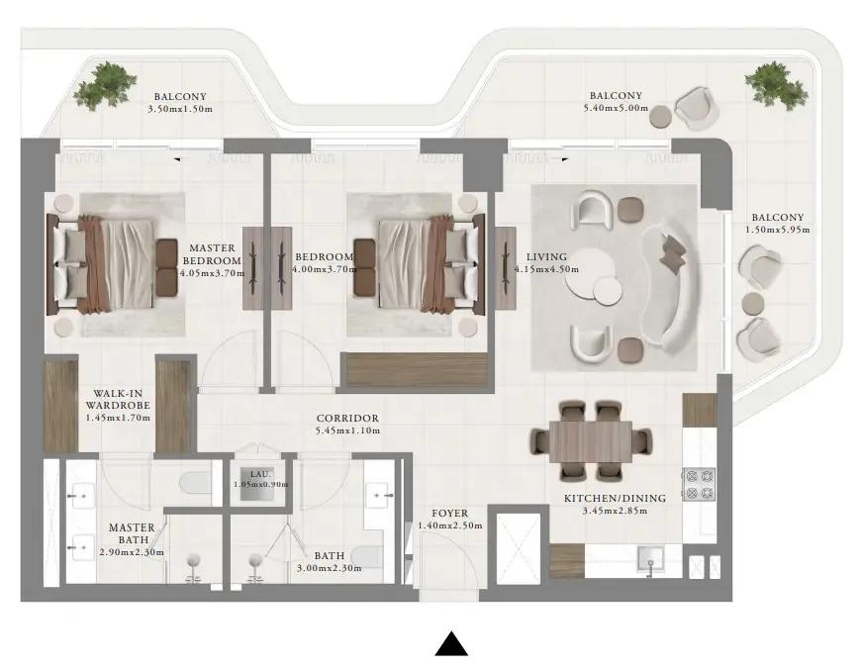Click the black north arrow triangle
(x=451, y=644)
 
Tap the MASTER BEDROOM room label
(x=212, y=254)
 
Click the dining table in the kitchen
(x=591, y=439)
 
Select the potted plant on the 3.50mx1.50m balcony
(x=104, y=85)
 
